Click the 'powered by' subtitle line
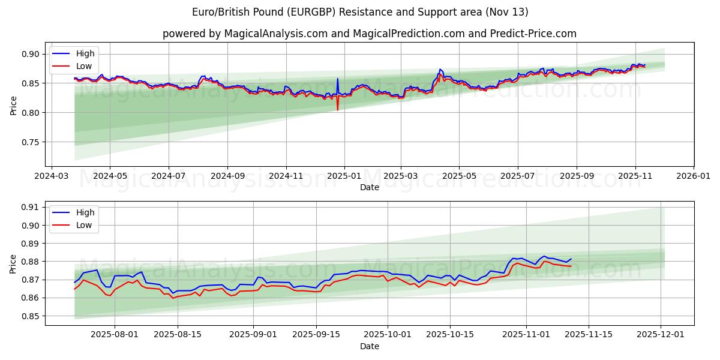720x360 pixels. [369, 34]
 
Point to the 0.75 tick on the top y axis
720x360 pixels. [31, 142]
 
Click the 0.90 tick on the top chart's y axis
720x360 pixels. [31, 54]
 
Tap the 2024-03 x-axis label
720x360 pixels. [52, 176]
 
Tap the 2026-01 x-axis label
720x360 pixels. [693, 176]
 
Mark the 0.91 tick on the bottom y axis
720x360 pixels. [31, 207]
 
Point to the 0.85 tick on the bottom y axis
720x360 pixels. [31, 316]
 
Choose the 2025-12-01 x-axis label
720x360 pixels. [661, 335]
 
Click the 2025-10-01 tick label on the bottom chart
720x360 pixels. [387, 335]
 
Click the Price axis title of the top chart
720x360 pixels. [13, 104]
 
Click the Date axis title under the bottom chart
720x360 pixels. [369, 346]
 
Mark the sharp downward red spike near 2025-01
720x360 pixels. [337, 110]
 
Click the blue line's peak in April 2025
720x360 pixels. [440, 70]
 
